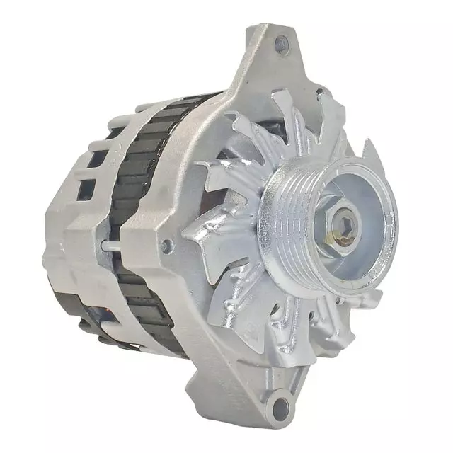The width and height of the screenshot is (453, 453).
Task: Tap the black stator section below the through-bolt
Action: (142, 297)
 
